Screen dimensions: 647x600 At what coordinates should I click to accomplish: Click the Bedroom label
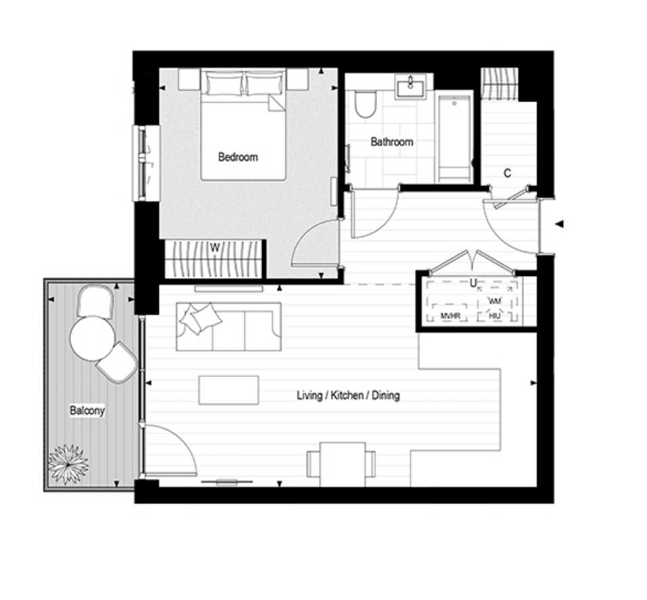tap(238, 157)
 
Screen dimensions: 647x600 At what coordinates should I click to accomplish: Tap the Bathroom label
tap(392, 142)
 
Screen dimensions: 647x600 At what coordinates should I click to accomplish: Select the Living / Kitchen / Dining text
tap(349, 396)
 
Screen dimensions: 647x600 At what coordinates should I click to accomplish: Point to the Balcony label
tap(87, 411)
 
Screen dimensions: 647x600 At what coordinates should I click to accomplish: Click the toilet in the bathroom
tap(365, 104)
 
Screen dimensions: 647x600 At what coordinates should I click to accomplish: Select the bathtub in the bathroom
tap(454, 138)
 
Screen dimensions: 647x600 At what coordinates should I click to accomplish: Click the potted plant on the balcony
tap(68, 464)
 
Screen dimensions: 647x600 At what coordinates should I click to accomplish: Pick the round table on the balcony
tap(93, 338)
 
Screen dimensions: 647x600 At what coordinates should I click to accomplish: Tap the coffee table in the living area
tap(229, 390)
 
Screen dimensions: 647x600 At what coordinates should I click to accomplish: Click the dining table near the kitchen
tap(342, 464)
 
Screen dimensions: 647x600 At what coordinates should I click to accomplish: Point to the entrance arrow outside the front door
tap(559, 224)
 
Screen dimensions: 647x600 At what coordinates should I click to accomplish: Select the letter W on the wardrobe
tap(215, 248)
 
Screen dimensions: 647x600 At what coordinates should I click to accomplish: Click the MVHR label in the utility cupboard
tap(450, 317)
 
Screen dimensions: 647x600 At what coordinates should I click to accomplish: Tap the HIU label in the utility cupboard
tap(494, 317)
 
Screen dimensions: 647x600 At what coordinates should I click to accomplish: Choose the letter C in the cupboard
tap(508, 173)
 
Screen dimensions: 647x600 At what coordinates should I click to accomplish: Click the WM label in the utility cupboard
tap(494, 301)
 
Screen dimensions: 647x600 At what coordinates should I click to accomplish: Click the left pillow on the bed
tap(224, 84)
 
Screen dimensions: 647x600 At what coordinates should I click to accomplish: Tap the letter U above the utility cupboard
tap(473, 283)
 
